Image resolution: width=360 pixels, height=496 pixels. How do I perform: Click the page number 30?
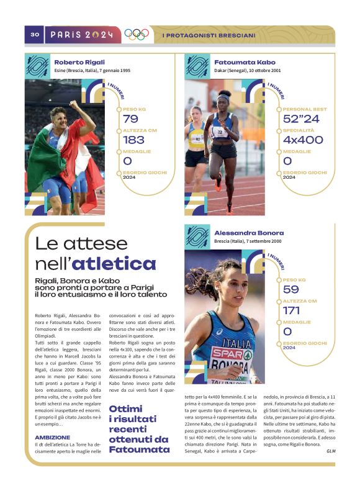[x=35, y=35]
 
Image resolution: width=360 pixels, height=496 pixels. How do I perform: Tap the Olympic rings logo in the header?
[x=137, y=35]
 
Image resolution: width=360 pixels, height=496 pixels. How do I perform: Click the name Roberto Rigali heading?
[x=79, y=62]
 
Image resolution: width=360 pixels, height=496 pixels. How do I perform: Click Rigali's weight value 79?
[x=130, y=119]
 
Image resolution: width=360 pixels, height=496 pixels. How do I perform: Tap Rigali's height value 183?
[x=133, y=140]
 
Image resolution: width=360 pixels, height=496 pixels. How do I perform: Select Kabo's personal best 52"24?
[x=301, y=119]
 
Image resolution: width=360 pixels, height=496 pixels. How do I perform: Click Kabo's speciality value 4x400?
[x=303, y=140]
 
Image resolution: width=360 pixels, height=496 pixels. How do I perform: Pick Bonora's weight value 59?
[x=290, y=289]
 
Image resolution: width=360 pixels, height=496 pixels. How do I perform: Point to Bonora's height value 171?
[x=291, y=310]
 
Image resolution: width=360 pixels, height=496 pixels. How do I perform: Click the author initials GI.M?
[x=330, y=451]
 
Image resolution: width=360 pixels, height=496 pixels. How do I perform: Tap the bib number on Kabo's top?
[x=218, y=132]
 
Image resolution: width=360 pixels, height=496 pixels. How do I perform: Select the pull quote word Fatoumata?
[x=139, y=449]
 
